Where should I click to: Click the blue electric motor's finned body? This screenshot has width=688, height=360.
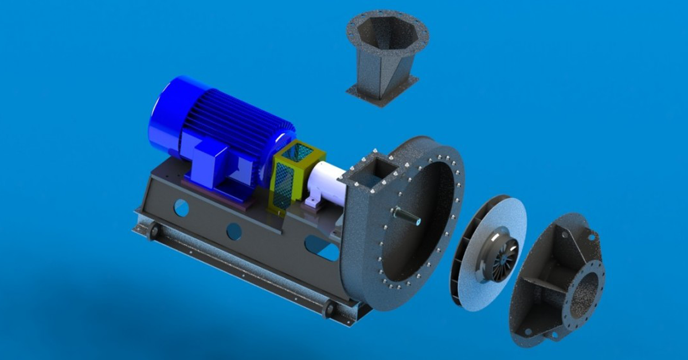pyautogui.click(x=241, y=120)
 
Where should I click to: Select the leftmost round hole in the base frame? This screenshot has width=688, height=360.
pyautogui.click(x=181, y=208)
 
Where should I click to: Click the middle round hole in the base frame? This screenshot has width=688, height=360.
pyautogui.click(x=234, y=231)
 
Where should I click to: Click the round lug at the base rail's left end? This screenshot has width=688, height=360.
pyautogui.click(x=153, y=231)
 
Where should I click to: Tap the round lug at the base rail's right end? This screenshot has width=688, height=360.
pyautogui.click(x=329, y=309)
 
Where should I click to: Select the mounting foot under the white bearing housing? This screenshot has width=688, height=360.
pyautogui.click(x=312, y=202)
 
